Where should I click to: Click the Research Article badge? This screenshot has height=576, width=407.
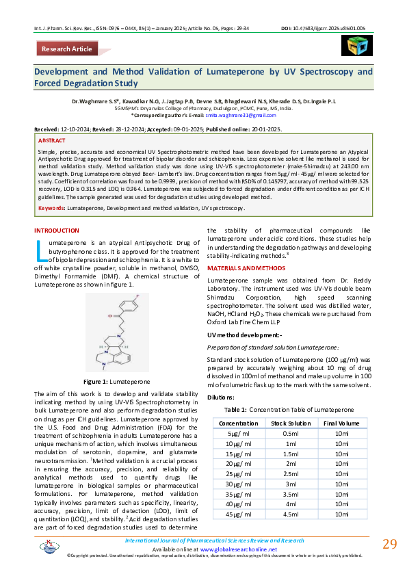[x=66, y=49]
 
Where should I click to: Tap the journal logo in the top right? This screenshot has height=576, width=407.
[x=355, y=44]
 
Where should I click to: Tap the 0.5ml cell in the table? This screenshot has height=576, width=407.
[x=290, y=434]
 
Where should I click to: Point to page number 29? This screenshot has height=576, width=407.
[x=389, y=545]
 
